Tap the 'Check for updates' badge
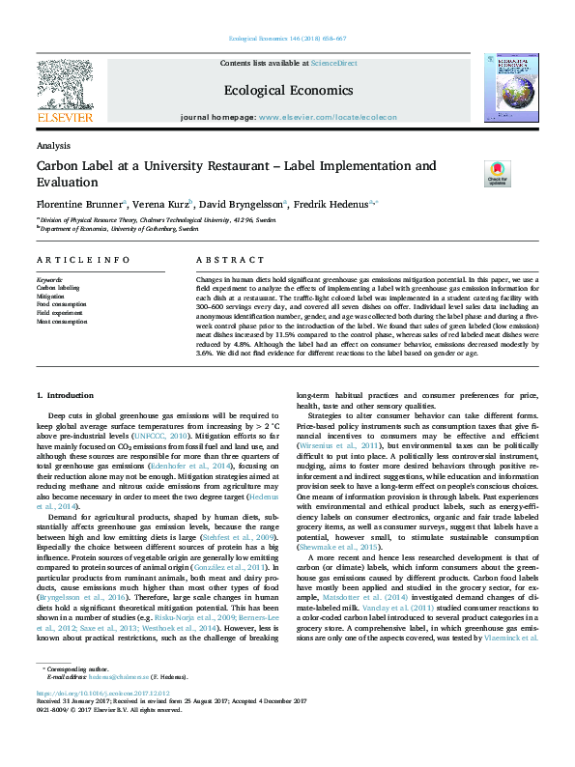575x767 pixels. (497, 174)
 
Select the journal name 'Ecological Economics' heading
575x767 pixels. (287, 90)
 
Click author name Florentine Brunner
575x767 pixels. (80, 205)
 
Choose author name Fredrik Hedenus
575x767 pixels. (333, 205)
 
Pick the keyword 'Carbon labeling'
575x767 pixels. (58, 288)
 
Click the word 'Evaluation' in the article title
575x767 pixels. (69, 181)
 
